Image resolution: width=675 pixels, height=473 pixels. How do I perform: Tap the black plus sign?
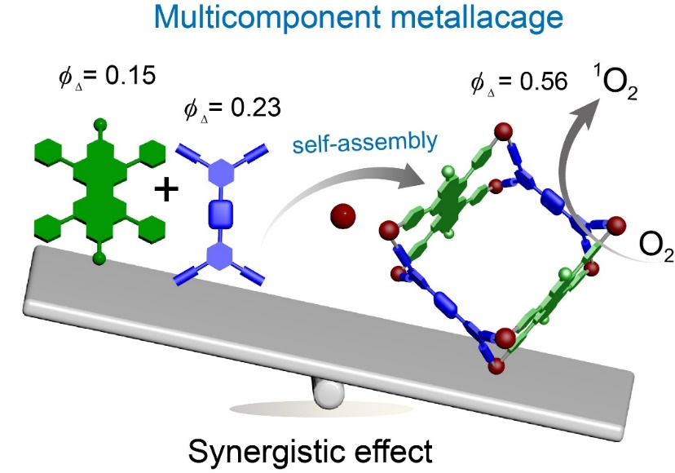point(165,191)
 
